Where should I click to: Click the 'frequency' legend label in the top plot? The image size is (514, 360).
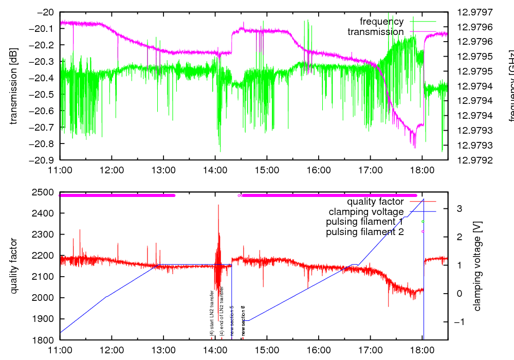381,22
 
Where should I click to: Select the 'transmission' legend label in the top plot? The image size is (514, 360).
376,32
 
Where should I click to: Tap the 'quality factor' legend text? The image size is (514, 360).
375,202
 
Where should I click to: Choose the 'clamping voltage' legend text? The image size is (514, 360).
366,211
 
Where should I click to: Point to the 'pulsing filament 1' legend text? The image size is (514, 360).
365,222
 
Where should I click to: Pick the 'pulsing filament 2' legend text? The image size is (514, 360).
365,232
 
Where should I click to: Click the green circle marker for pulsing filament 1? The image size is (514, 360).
423,222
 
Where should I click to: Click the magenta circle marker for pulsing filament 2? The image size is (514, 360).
423,231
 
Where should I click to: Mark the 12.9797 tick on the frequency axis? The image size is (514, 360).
470,12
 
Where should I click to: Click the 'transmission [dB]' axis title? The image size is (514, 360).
14,86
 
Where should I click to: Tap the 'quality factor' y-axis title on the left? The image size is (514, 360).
14,266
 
